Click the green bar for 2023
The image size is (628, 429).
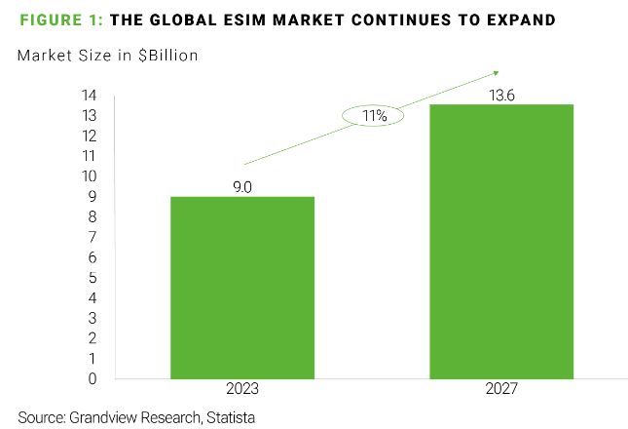tap(242, 288)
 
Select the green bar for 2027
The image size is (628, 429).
tap(500, 241)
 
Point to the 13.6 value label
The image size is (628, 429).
tap(500, 94)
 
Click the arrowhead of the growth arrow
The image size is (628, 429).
tap(496, 71)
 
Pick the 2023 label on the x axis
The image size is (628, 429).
tap(242, 389)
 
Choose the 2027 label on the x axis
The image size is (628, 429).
tap(500, 389)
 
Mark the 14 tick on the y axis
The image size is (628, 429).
tap(89, 96)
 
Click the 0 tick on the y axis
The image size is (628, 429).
tap(92, 378)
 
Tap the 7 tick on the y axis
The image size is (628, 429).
tap(92, 237)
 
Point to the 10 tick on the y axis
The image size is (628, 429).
tap(89, 176)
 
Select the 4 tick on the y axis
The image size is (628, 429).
tap(92, 297)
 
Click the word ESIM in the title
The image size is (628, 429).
tap(273, 19)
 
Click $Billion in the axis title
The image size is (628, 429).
tap(166, 56)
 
